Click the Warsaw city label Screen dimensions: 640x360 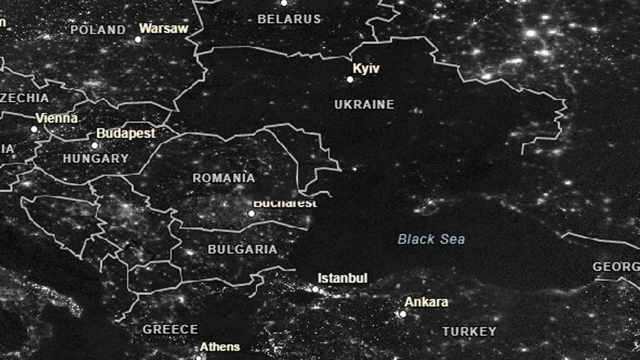click(x=164, y=28)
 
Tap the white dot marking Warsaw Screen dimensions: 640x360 click(x=138, y=39)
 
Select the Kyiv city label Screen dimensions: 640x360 click(x=366, y=68)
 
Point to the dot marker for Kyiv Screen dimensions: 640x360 click(x=350, y=79)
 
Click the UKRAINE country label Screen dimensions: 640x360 click(x=364, y=105)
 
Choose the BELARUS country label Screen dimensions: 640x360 click(x=289, y=19)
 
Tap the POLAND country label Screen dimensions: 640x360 click(x=98, y=30)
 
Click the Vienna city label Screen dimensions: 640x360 click(x=57, y=118)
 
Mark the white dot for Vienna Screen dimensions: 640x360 click(x=34, y=129)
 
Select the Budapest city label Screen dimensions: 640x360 click(x=126, y=133)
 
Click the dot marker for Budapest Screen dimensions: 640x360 click(x=94, y=145)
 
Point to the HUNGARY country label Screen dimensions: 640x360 click(x=96, y=158)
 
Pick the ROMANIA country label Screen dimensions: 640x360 click(x=223, y=178)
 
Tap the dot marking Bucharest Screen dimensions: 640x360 click(x=251, y=213)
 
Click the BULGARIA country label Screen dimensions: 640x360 click(x=242, y=250)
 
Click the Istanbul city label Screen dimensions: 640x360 click(x=342, y=278)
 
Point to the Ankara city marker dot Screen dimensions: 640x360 click(x=403, y=314)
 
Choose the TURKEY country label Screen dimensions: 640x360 click(x=469, y=332)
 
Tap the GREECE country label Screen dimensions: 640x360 click(x=170, y=330)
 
